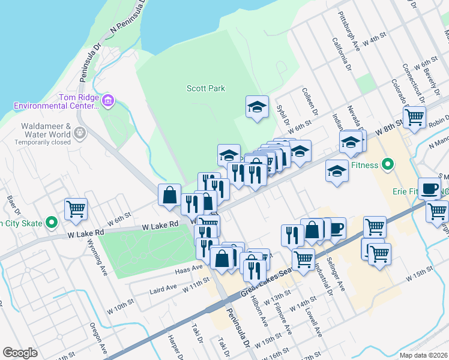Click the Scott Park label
pos(206,88)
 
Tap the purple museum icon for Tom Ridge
pos(108,99)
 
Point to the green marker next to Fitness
pos(388,163)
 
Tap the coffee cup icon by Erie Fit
pos(429,188)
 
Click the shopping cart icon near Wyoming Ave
pos(76,209)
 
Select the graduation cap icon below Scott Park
pos(257,107)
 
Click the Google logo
pos(20,353)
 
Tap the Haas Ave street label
pos(187,271)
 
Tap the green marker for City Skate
pos(52,223)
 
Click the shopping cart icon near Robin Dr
pos(414,118)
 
